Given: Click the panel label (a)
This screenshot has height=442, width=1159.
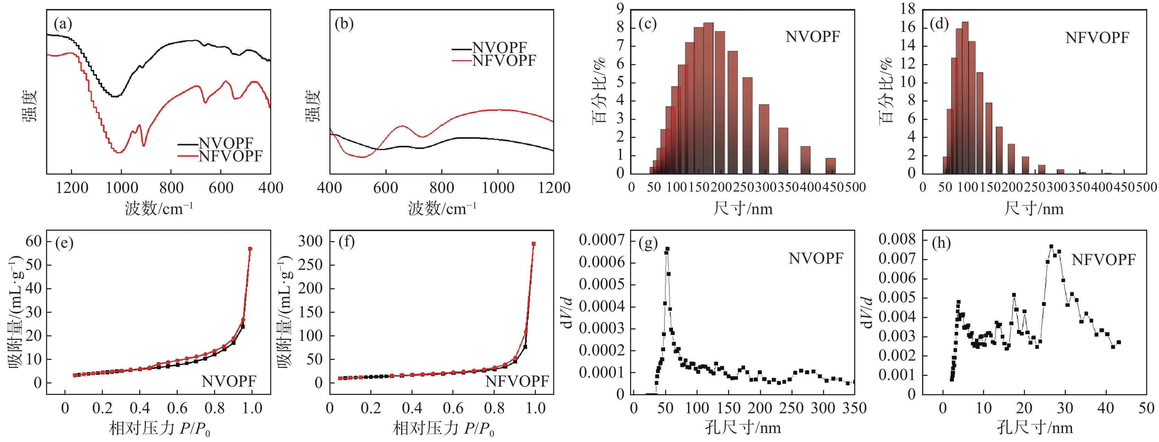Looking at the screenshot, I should [x=63, y=24].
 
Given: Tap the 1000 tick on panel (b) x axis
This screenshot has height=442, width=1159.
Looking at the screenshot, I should [x=498, y=188].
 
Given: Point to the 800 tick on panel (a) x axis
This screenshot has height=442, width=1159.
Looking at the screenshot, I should [x=171, y=188].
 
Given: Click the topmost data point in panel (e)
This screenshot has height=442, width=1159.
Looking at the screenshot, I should [x=250, y=248].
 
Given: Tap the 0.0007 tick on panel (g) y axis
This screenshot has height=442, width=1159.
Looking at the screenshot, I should [x=602, y=240].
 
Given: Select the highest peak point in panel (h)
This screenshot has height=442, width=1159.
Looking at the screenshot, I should [x=1051, y=247].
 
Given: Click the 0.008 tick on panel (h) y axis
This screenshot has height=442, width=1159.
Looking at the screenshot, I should [x=897, y=239].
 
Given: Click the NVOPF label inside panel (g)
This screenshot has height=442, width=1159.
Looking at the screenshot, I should [x=816, y=258].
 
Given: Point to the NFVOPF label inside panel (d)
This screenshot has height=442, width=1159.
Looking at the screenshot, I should [x=1097, y=38].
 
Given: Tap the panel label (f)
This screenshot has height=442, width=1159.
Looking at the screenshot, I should [x=346, y=242].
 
